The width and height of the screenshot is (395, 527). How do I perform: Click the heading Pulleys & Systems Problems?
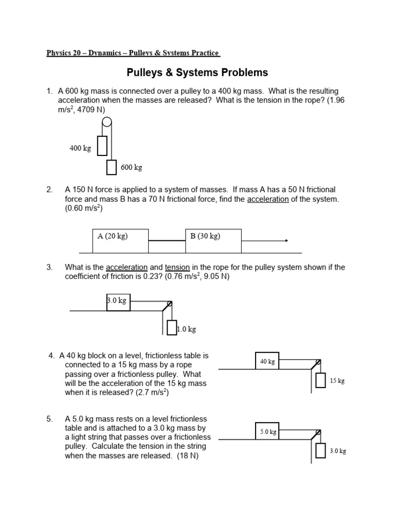197,73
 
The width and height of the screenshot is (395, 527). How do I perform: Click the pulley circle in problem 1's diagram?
106,122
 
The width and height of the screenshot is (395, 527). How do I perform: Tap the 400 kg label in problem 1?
80,149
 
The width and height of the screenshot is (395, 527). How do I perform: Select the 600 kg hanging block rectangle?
112,167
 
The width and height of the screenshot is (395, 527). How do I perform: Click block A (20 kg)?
120,241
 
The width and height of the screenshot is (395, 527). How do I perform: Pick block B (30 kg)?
213,241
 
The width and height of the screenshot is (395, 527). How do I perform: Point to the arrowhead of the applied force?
286,240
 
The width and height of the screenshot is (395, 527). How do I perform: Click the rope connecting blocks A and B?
167,240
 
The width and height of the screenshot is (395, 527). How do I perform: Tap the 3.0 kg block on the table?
118,302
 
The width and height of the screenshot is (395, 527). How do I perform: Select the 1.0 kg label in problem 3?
186,329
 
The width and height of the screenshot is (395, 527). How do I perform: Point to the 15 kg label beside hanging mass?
337,381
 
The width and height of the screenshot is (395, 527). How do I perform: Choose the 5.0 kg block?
267,432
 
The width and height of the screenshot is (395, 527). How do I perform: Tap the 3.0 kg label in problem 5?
338,451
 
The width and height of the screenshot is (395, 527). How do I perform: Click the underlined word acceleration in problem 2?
268,199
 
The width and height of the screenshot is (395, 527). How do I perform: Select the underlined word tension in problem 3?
177,268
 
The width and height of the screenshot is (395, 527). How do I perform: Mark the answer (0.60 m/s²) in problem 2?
83,208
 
